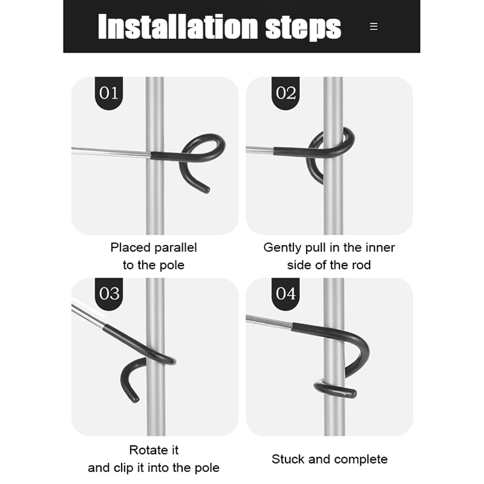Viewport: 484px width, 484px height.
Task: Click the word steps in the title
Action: tap(303, 28)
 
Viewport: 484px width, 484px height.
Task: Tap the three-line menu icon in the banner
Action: tap(373, 27)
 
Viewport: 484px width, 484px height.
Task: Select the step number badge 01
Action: tap(109, 93)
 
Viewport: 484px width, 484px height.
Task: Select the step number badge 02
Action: tap(285, 93)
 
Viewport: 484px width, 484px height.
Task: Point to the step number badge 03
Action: tap(109, 294)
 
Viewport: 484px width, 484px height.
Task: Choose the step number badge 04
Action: tap(285, 294)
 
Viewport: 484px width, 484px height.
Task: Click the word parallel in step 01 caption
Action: tap(175, 248)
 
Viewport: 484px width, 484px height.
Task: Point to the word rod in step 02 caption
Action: tap(361, 265)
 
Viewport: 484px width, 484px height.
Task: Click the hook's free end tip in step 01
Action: tap(207, 190)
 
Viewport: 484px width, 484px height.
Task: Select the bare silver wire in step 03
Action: tap(87, 315)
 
